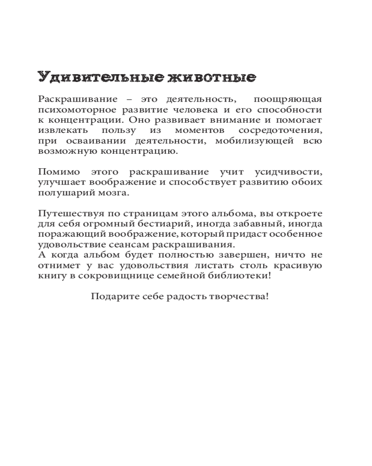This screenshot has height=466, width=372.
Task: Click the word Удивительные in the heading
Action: click(97, 77)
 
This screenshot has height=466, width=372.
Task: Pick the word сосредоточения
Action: click(280, 130)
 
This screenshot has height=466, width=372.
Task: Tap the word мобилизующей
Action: click(255, 141)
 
